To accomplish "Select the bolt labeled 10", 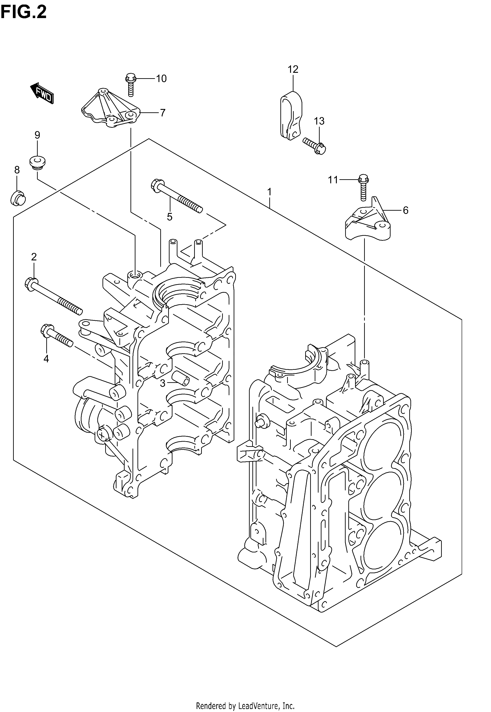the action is (131, 85).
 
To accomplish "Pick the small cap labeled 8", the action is (18, 198).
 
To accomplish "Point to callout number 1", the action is (270, 192).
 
